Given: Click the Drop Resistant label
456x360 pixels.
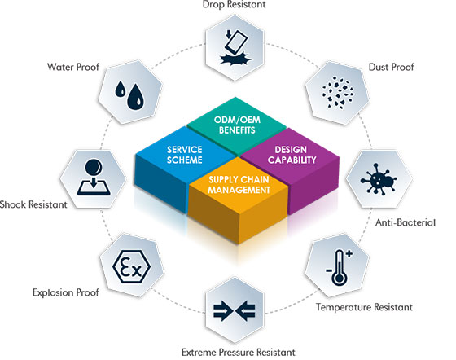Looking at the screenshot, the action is coord(235,4).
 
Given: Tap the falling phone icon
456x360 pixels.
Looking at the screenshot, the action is coord(235,47).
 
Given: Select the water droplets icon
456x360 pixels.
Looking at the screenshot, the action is coord(129,94).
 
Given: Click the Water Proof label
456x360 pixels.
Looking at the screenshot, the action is coord(73,67).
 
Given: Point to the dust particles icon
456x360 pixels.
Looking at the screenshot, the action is coord(338,93).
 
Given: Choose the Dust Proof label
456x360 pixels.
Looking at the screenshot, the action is coord(391,67).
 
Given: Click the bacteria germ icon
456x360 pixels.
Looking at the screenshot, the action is coord(379,179).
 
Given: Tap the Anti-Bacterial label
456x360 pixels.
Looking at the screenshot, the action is coord(406,222).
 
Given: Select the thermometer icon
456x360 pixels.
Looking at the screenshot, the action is coord(339,267).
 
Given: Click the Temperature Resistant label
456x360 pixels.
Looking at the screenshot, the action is coord(364,307).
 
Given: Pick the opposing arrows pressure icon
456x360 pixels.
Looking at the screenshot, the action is coord(235,310).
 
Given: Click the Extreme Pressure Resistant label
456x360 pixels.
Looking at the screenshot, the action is coord(238,353).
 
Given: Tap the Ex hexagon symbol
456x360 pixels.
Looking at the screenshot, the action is coord(131,266).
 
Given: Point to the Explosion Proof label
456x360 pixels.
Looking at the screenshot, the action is coord(66,292).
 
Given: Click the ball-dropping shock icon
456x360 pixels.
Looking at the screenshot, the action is coord(94,177).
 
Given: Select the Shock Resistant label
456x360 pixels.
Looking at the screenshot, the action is coord(33,204).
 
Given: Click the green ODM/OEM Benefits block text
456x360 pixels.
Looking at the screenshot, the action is coord(237,125).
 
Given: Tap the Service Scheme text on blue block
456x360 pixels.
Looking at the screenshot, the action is coord(185,155).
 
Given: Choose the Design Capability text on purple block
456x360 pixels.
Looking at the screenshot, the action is coord(292,155).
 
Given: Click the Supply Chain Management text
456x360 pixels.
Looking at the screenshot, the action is coord(239,185).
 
